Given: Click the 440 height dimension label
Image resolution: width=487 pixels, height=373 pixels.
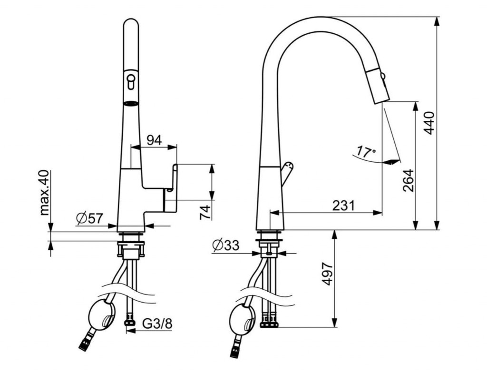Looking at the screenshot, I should pyautogui.click(x=429, y=123).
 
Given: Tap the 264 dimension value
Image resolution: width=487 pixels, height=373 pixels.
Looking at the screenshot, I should pyautogui.click(x=408, y=180).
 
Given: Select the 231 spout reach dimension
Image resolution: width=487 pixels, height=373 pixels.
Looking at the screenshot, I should pyautogui.click(x=343, y=205).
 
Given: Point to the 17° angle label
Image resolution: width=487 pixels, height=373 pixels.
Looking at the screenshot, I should pyautogui.click(x=365, y=152).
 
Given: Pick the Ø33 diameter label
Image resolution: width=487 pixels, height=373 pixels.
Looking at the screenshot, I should pyautogui.click(x=226, y=245).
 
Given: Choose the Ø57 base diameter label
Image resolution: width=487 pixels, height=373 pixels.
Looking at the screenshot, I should pyautogui.click(x=89, y=218).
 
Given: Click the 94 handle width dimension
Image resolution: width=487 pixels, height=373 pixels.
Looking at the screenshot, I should pyautogui.click(x=154, y=140).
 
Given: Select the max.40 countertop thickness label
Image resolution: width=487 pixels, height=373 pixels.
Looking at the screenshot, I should pyautogui.click(x=45, y=192).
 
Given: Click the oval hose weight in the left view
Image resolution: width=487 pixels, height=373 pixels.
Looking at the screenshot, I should pyautogui.click(x=102, y=315).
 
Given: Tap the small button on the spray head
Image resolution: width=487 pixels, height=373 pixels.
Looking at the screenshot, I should pyautogui.click(x=383, y=75).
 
